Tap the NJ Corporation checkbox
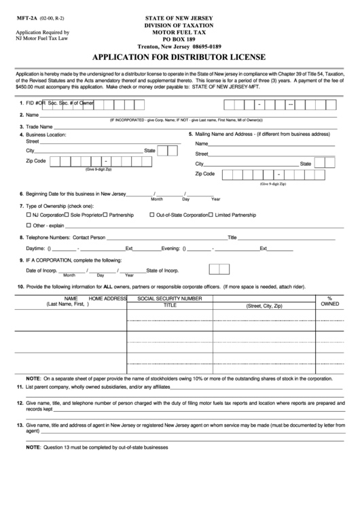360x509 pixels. [29, 214]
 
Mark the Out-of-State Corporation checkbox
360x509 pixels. [151, 214]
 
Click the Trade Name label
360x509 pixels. [39, 127]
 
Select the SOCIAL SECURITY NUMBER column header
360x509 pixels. [169, 298]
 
